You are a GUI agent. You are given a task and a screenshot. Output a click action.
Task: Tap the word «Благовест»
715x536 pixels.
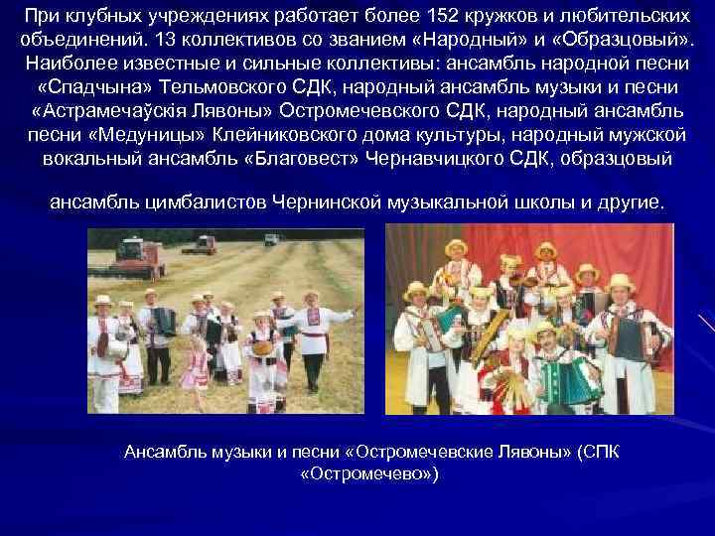tap(309, 159)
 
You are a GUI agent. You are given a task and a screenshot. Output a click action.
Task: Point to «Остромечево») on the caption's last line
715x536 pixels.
tap(368, 473)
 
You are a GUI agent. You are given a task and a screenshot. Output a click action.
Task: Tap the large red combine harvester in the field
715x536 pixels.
tap(139, 257)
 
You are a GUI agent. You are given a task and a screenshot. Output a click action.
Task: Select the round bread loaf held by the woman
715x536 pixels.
tap(263, 347)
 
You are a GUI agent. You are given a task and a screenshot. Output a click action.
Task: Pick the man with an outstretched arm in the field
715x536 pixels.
tap(316, 328)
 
